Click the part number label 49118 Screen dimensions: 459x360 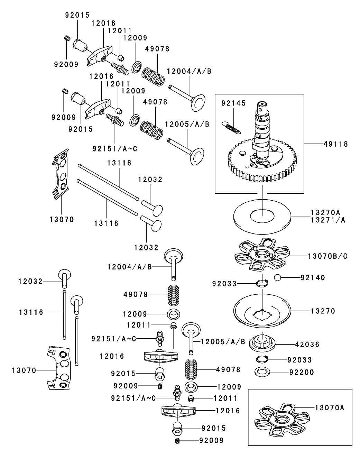(336, 144)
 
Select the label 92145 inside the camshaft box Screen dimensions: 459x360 (233, 103)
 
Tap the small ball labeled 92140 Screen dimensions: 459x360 (277, 277)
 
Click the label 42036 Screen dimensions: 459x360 (307, 345)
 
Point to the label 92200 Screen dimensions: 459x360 (302, 373)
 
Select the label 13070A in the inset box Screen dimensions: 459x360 (329, 408)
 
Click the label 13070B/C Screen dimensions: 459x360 (327, 256)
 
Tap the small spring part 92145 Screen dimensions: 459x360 (232, 127)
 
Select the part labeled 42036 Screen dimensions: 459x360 (262, 342)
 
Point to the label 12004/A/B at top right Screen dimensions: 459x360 (189, 71)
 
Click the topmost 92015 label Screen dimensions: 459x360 (77, 15)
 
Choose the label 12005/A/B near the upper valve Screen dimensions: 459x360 (187, 124)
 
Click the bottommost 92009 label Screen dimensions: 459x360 (211, 440)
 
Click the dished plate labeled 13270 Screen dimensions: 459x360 (262, 311)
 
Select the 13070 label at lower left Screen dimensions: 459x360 (24, 370)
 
